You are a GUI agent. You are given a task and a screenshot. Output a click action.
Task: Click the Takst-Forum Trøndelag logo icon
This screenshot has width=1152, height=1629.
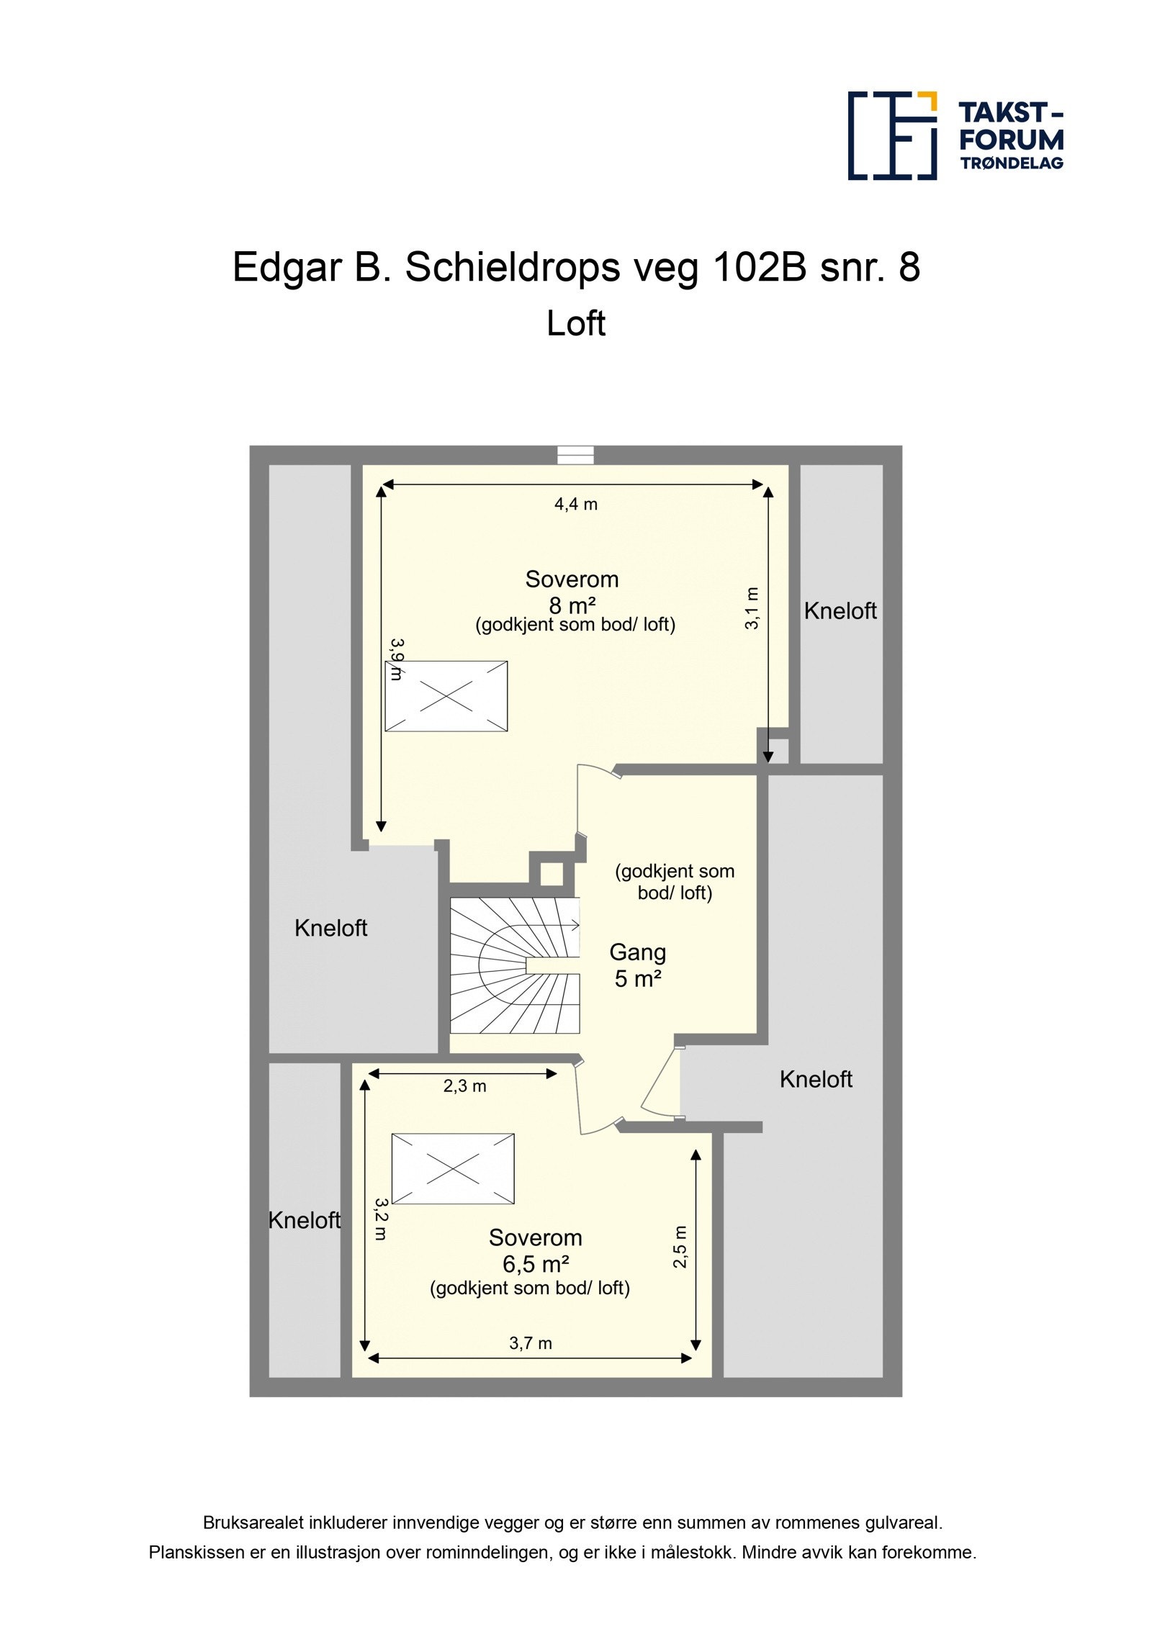[x=891, y=135]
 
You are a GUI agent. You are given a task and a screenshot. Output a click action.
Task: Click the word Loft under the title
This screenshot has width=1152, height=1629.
[x=575, y=323]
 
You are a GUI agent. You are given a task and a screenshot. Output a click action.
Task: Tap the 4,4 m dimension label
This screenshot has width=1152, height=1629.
[x=575, y=504]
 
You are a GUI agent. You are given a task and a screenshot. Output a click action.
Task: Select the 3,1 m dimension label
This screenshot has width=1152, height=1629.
[x=752, y=608]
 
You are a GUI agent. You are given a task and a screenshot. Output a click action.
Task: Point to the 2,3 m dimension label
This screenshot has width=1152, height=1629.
[x=464, y=1086]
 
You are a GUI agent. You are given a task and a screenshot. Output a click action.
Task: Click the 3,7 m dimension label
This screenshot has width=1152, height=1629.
[x=530, y=1343]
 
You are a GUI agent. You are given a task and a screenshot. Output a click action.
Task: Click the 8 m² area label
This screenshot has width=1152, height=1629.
[x=572, y=605]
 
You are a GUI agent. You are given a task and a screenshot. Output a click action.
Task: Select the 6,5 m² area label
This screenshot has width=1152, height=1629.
[x=536, y=1263]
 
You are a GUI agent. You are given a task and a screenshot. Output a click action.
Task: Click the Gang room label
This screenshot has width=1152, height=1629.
[x=637, y=952]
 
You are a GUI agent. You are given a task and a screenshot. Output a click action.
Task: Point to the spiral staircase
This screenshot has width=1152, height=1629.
[x=514, y=965]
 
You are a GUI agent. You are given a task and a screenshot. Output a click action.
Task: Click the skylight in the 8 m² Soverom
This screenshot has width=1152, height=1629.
[x=446, y=696]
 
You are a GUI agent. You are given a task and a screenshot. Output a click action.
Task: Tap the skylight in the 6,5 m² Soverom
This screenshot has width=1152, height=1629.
[x=453, y=1168]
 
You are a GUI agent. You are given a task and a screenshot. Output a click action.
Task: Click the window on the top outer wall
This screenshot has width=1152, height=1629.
[x=575, y=455]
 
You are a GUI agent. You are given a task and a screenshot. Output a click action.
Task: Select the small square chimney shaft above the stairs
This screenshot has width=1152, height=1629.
[x=552, y=874]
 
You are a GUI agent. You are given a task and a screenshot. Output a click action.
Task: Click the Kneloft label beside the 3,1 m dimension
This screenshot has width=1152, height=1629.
[x=840, y=610]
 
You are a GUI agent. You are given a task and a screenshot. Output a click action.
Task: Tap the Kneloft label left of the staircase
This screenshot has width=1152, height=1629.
[x=330, y=928]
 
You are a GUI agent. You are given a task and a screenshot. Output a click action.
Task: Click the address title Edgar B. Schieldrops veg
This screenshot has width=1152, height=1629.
[x=575, y=267]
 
